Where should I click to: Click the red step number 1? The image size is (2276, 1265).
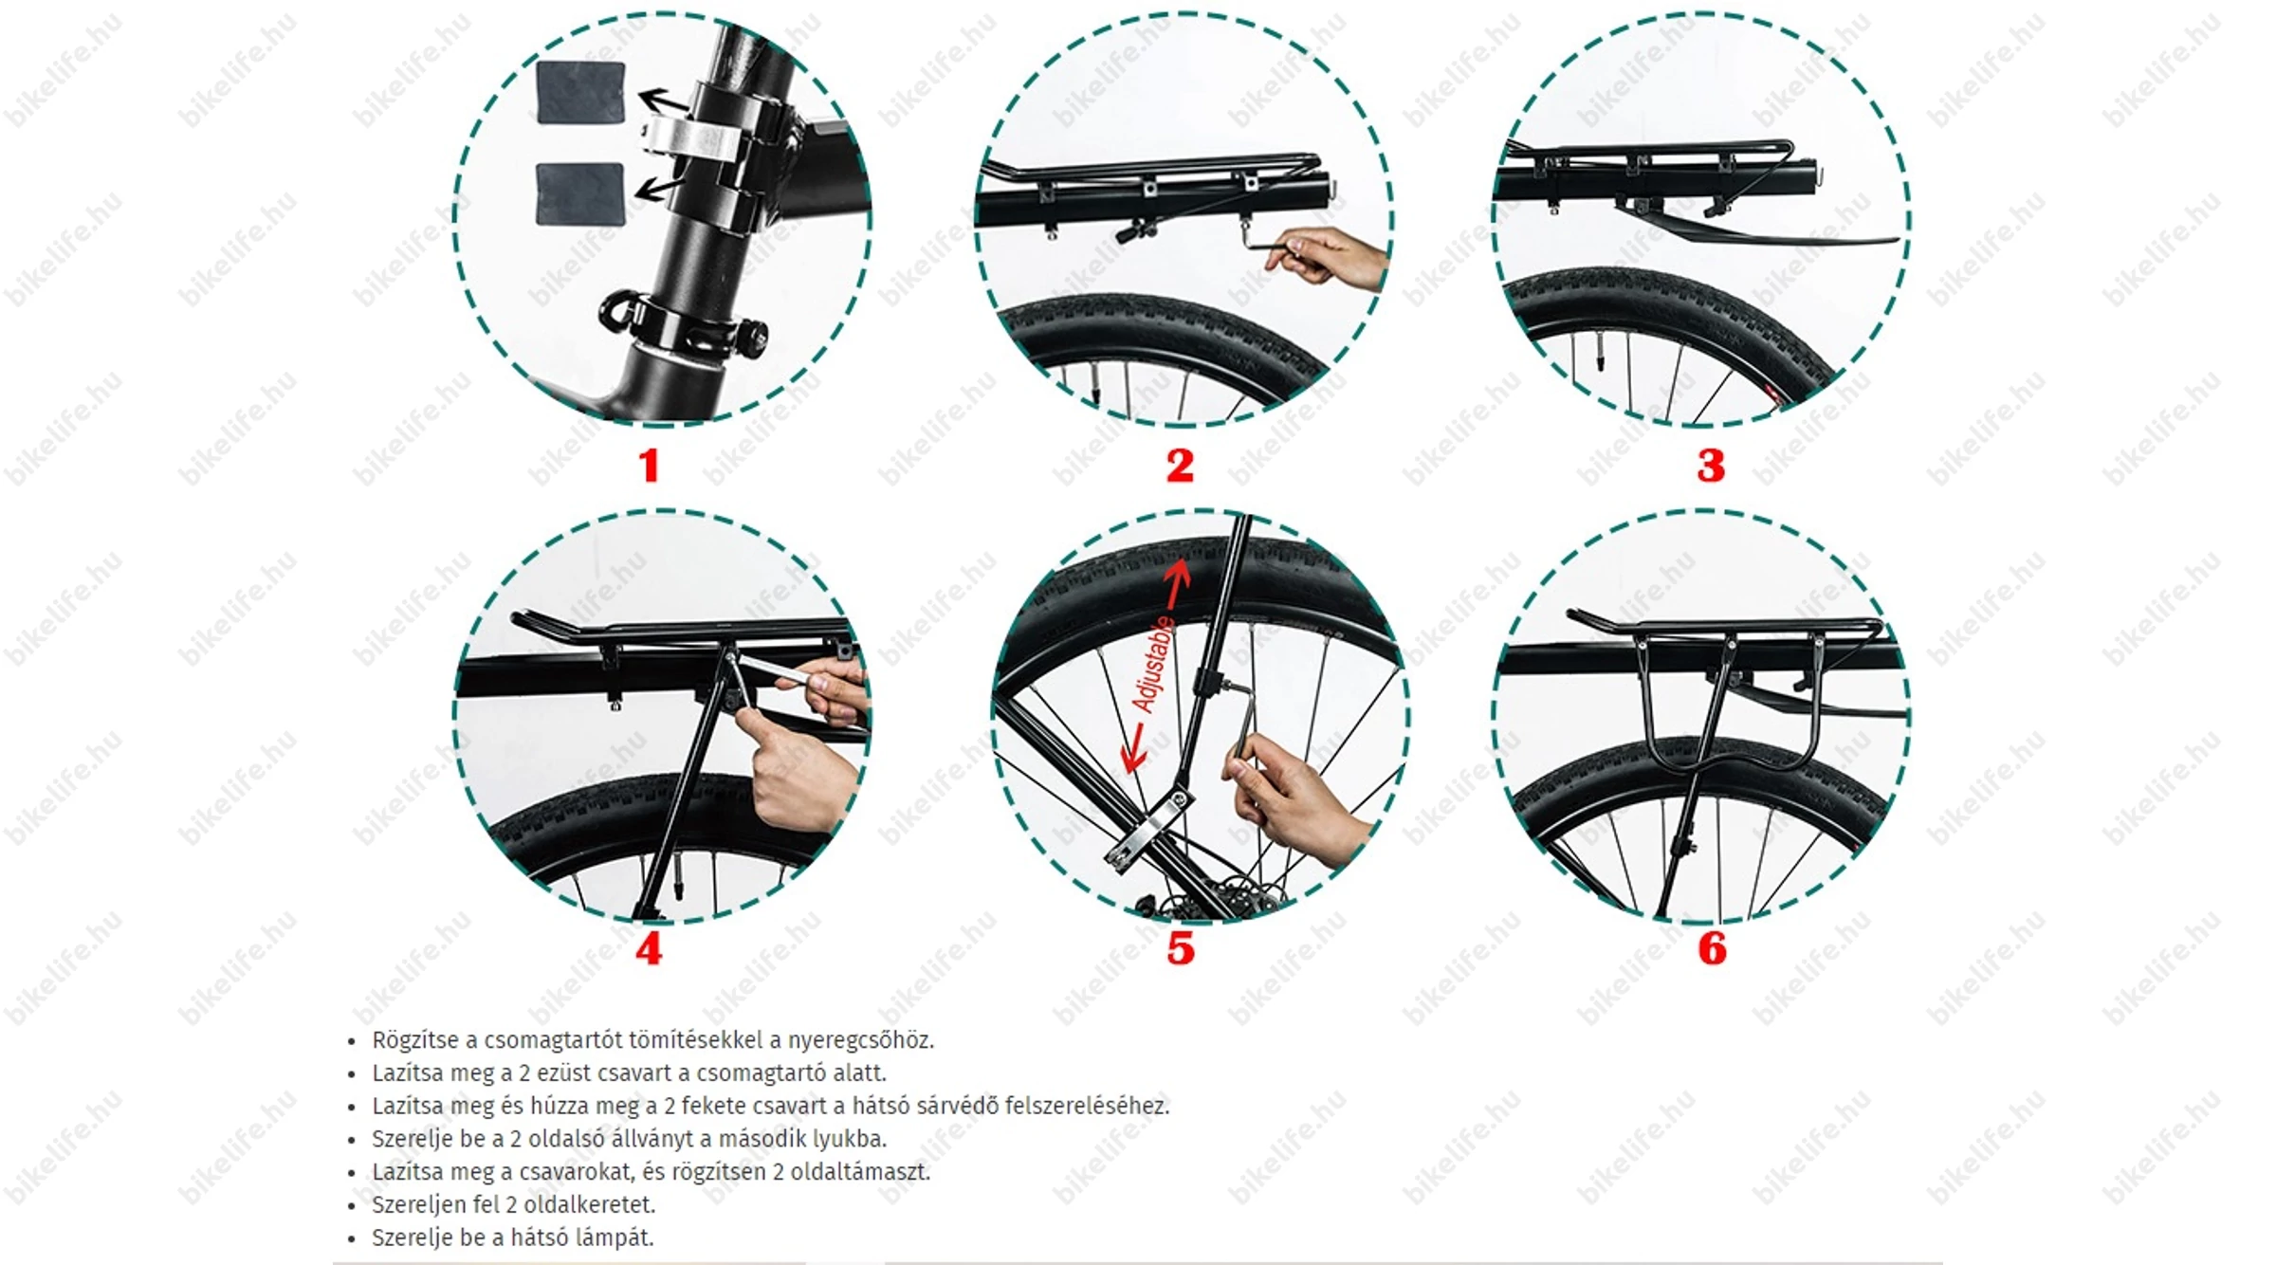pyautogui.click(x=649, y=466)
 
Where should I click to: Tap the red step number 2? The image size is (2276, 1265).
pyautogui.click(x=1180, y=466)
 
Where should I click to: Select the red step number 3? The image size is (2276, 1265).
pyautogui.click(x=1711, y=466)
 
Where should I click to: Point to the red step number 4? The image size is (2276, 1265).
pyautogui.click(x=649, y=948)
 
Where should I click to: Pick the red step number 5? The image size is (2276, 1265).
pyautogui.click(x=1181, y=948)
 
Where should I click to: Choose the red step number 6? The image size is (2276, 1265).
pyautogui.click(x=1712, y=948)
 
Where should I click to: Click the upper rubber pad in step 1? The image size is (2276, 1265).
pyautogui.click(x=580, y=93)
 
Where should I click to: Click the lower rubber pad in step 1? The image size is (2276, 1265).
pyautogui.click(x=579, y=194)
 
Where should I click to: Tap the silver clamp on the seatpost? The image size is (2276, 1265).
pyautogui.click(x=692, y=138)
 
